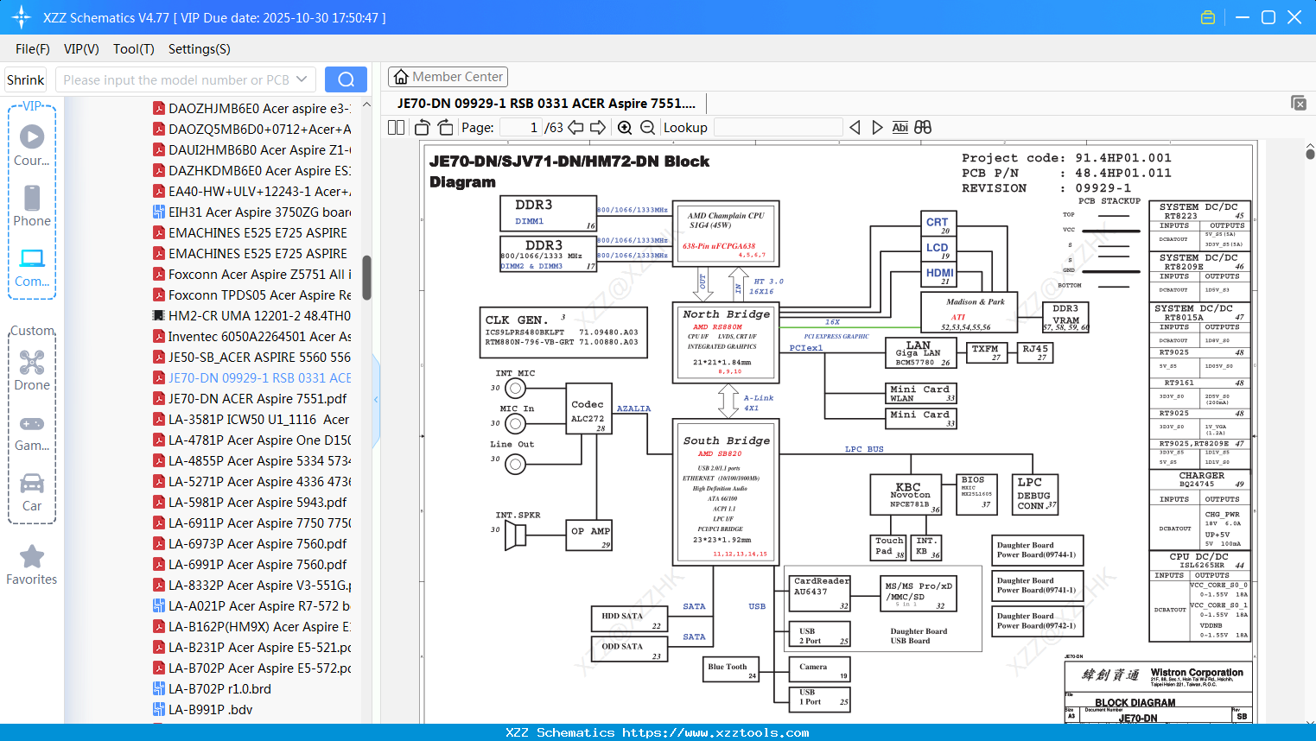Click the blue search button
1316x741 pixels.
coord(346,79)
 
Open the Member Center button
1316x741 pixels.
coord(448,77)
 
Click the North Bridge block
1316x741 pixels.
coord(726,342)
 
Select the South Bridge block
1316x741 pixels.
coord(726,491)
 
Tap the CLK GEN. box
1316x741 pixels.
coord(563,332)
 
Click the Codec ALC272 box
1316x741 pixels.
coord(588,412)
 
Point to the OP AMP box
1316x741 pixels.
coord(589,535)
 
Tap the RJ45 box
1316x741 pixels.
coord(1035,352)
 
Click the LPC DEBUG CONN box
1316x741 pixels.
coord(1034,494)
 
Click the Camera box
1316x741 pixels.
coord(819,669)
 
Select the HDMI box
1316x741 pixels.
coord(939,275)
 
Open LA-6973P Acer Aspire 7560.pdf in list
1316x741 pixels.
coord(257,543)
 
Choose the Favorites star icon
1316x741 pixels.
coord(32,557)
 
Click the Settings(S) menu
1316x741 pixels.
coord(199,49)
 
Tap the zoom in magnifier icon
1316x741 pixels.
coord(625,128)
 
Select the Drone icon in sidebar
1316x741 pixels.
coord(32,364)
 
